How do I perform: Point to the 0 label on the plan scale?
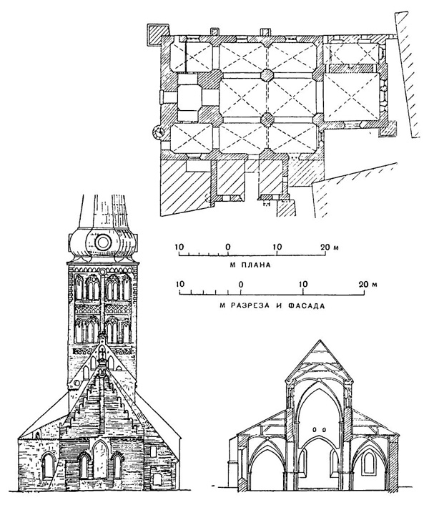[227, 247]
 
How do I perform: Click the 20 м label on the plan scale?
[328, 247]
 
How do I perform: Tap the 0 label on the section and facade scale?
[241, 285]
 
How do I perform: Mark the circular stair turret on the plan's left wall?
[159, 131]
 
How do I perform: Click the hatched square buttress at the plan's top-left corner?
[157, 34]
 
